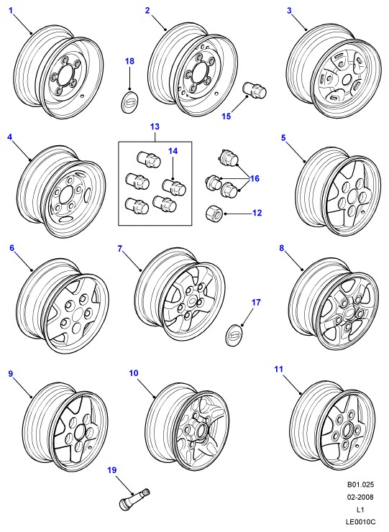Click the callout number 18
pyautogui.click(x=129, y=61)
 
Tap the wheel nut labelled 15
pyautogui.click(x=255, y=90)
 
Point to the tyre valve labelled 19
pyautogui.click(x=134, y=497)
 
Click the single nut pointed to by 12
pyautogui.click(x=214, y=214)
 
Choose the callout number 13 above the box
pyautogui.click(x=155, y=127)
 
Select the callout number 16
pyautogui.click(x=255, y=178)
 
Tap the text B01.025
pyautogui.click(x=360, y=485)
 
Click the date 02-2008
pyautogui.click(x=360, y=497)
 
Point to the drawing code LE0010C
pyautogui.click(x=360, y=521)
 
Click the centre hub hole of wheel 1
pyautogui.click(x=64, y=77)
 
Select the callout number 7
pyautogui.click(x=119, y=249)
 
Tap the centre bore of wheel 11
pyautogui.click(x=347, y=430)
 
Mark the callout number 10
pyautogui.click(x=134, y=373)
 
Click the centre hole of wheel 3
pyautogui.click(x=347, y=80)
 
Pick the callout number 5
pyautogui.click(x=283, y=138)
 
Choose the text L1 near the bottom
pyautogui.click(x=360, y=509)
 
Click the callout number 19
pyautogui.click(x=112, y=470)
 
